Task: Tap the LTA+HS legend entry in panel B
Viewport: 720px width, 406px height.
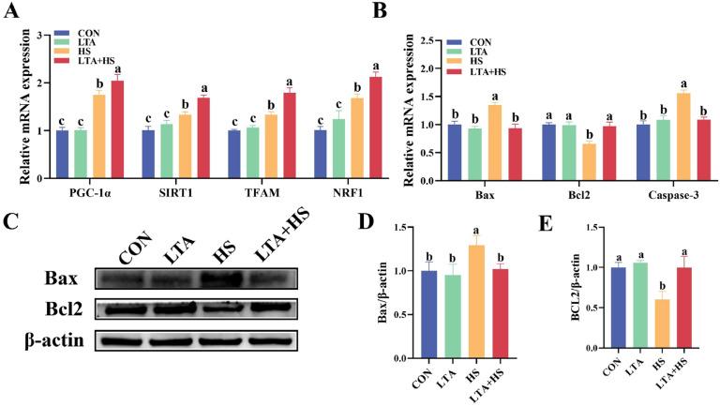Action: coord(485,71)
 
